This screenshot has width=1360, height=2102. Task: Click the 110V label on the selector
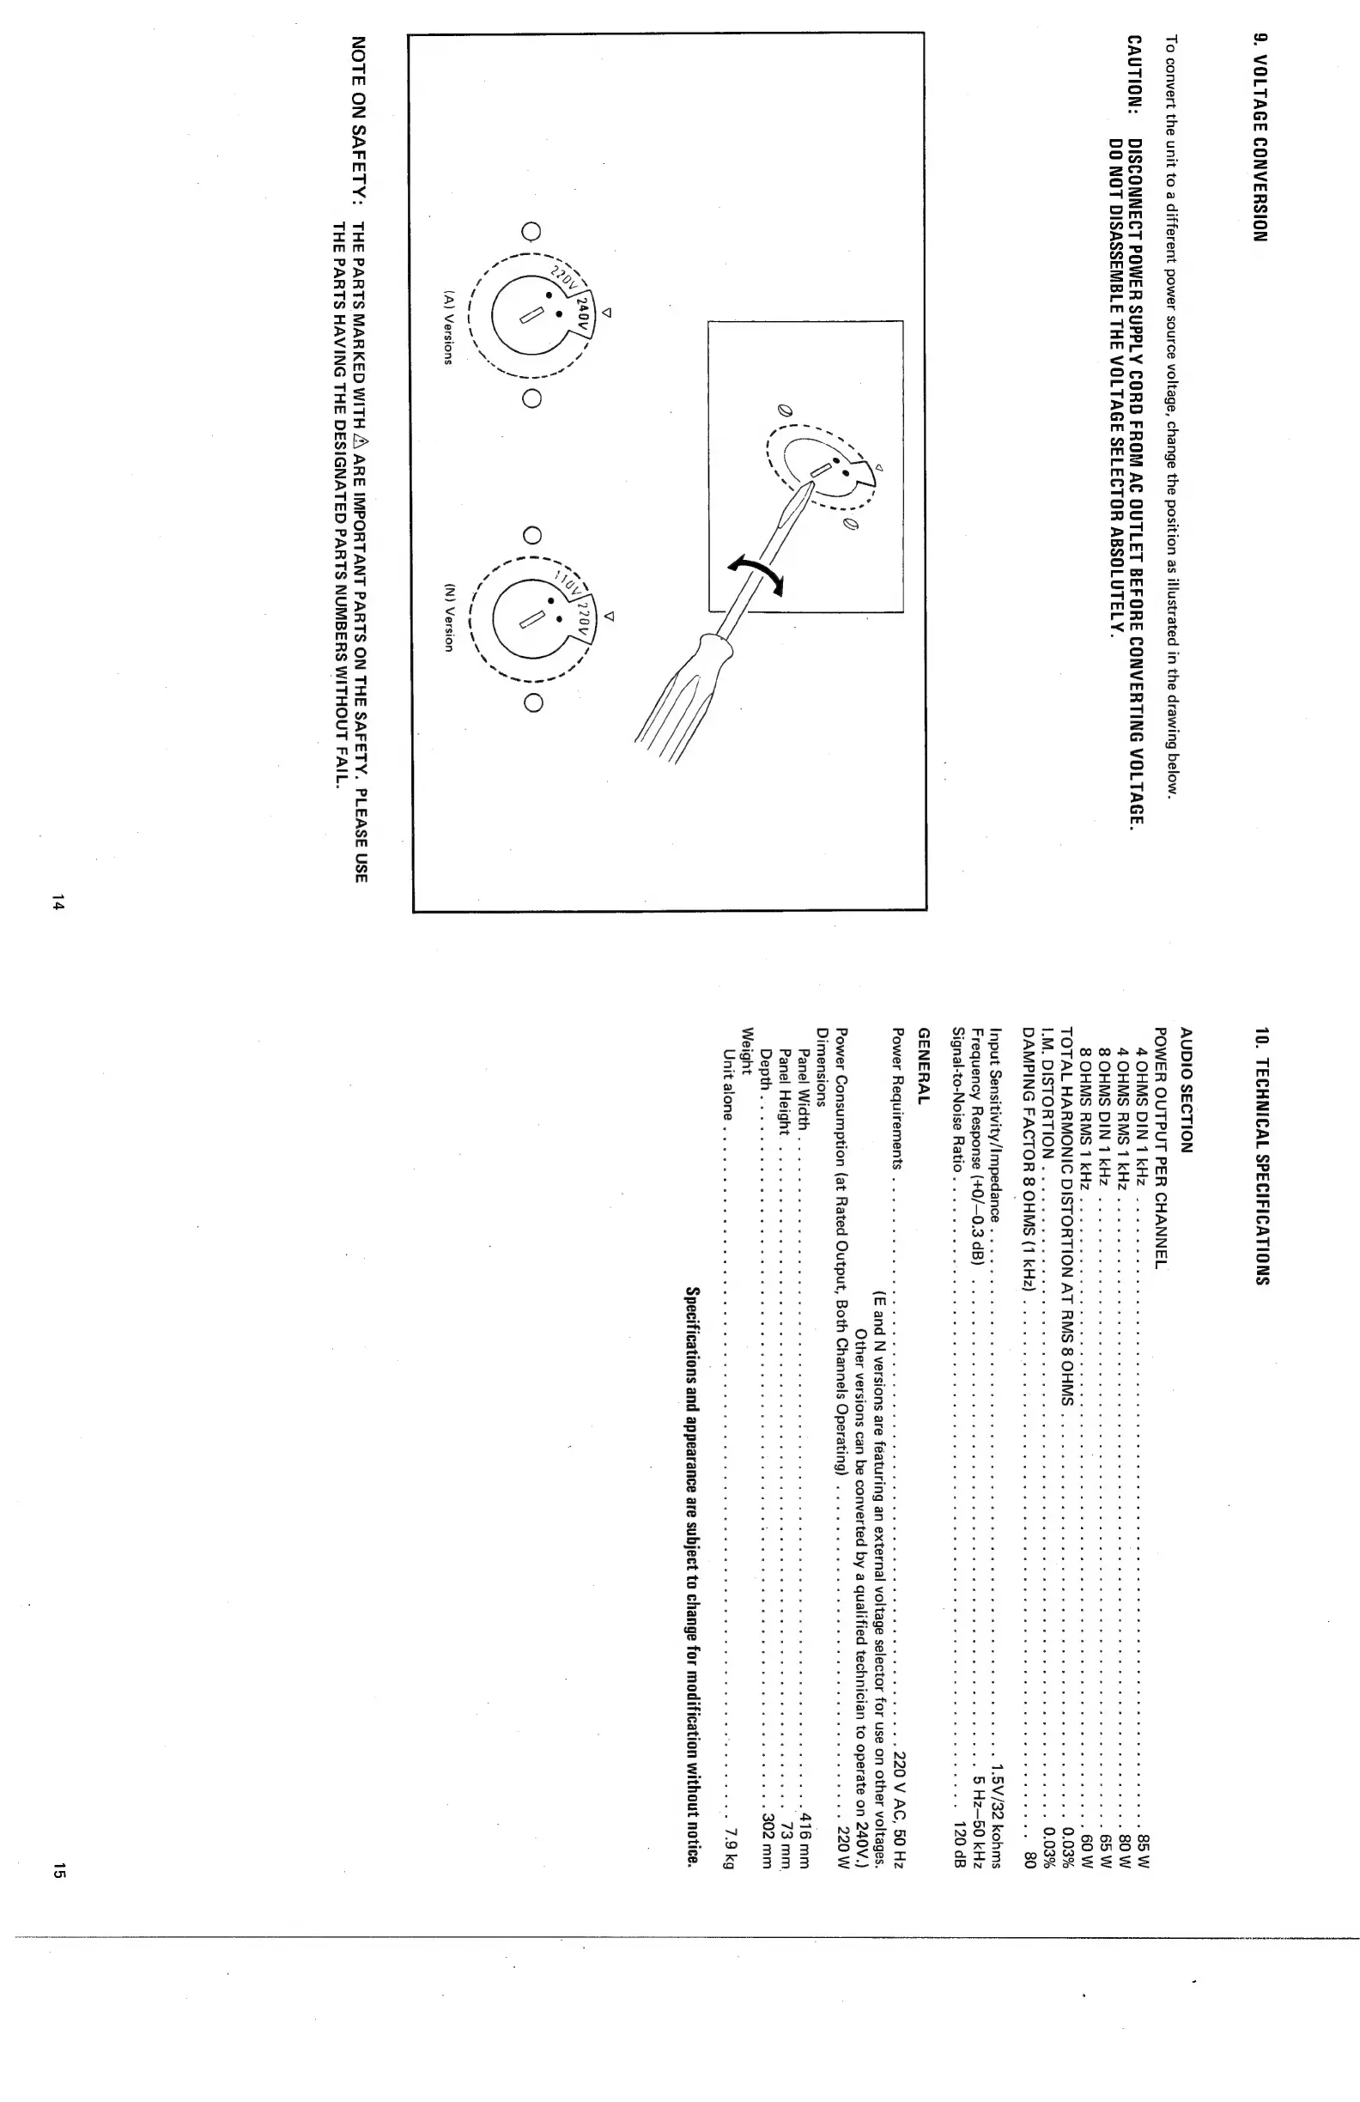tap(562, 584)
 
